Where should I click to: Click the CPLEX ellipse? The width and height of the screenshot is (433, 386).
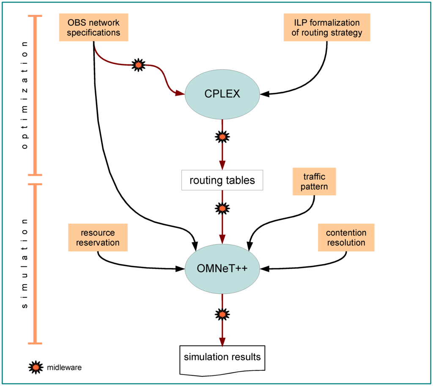pos(222,94)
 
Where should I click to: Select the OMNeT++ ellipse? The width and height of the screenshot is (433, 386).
pos(222,268)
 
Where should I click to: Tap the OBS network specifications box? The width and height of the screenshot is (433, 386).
pos(93,27)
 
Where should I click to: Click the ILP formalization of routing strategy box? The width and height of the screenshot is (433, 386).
pos(327,27)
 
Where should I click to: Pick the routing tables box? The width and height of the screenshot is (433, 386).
pos(222,180)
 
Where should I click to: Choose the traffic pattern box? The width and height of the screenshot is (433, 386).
pos(314,181)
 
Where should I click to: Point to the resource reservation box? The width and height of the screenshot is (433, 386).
pos(98,238)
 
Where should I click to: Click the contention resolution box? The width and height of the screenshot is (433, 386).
pos(346,238)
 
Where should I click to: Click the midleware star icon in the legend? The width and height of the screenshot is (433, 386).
pos(36,367)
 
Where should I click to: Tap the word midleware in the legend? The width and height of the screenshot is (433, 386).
pos(64,367)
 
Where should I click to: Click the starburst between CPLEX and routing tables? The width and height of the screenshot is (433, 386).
pos(222,137)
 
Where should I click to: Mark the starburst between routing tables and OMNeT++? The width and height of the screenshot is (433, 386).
pos(222,208)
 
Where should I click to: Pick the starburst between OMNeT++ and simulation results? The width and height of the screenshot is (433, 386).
pos(222,314)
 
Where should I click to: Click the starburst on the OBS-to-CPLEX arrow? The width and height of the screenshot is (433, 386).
pos(138,65)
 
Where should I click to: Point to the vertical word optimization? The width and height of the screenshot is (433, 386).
pos(25,95)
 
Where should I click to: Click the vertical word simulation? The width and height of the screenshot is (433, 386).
pos(25,264)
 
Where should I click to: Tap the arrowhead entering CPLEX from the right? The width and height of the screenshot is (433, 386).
pos(265,94)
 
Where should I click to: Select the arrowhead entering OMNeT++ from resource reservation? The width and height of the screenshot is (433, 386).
pos(180,268)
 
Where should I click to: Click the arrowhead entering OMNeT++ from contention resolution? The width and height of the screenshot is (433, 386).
pos(265,268)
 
